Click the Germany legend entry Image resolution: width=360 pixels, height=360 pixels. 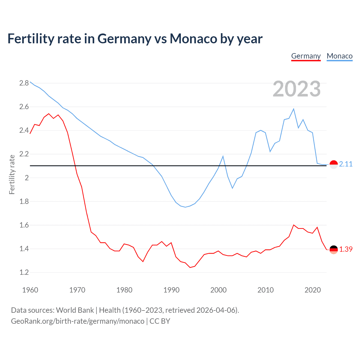[306, 56]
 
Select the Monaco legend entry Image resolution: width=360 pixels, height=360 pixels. [339, 56]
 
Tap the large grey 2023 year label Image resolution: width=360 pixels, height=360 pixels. [297, 89]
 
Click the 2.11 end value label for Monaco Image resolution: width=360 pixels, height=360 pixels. [346, 164]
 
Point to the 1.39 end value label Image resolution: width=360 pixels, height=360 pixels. [346, 249]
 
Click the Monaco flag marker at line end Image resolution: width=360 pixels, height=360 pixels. [334, 165]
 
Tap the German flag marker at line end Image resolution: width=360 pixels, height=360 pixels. [334, 249]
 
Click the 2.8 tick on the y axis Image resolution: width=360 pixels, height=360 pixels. [24, 83]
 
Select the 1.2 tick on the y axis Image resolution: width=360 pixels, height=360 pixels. [24, 272]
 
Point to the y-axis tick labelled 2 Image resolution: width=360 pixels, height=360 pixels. [27, 178]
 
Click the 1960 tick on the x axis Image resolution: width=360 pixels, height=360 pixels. [30, 290]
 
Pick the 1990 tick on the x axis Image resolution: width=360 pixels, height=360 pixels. [171, 290]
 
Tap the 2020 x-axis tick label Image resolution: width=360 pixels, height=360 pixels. [312, 290]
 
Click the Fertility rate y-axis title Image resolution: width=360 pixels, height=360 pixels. [12, 174]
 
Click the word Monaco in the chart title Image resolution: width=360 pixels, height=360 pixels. [193, 39]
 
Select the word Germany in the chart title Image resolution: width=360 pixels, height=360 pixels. [124, 39]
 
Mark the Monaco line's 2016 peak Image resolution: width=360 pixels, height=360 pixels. [294, 109]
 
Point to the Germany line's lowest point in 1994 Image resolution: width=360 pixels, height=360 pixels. [190, 267]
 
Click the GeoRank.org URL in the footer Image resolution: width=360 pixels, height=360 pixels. [78, 321]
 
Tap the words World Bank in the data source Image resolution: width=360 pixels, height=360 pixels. [75, 310]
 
